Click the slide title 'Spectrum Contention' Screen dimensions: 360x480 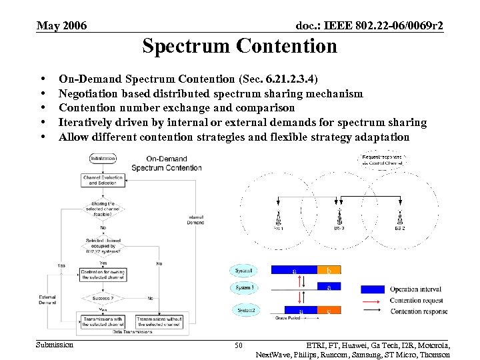click(x=239, y=46)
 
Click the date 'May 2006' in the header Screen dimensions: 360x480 click(x=61, y=26)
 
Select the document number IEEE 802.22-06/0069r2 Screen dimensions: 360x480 click(x=369, y=26)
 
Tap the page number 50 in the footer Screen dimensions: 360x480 click(x=239, y=345)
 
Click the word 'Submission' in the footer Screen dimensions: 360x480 click(x=55, y=345)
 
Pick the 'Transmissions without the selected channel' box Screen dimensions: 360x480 click(x=159, y=321)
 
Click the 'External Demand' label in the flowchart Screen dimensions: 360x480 click(x=47, y=299)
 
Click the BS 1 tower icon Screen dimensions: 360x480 click(x=278, y=218)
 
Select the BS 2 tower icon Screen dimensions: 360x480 click(x=399, y=218)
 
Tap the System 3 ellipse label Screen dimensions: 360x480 click(x=244, y=287)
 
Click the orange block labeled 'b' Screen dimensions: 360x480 click(x=329, y=270)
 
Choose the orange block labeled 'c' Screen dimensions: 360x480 click(x=329, y=311)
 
